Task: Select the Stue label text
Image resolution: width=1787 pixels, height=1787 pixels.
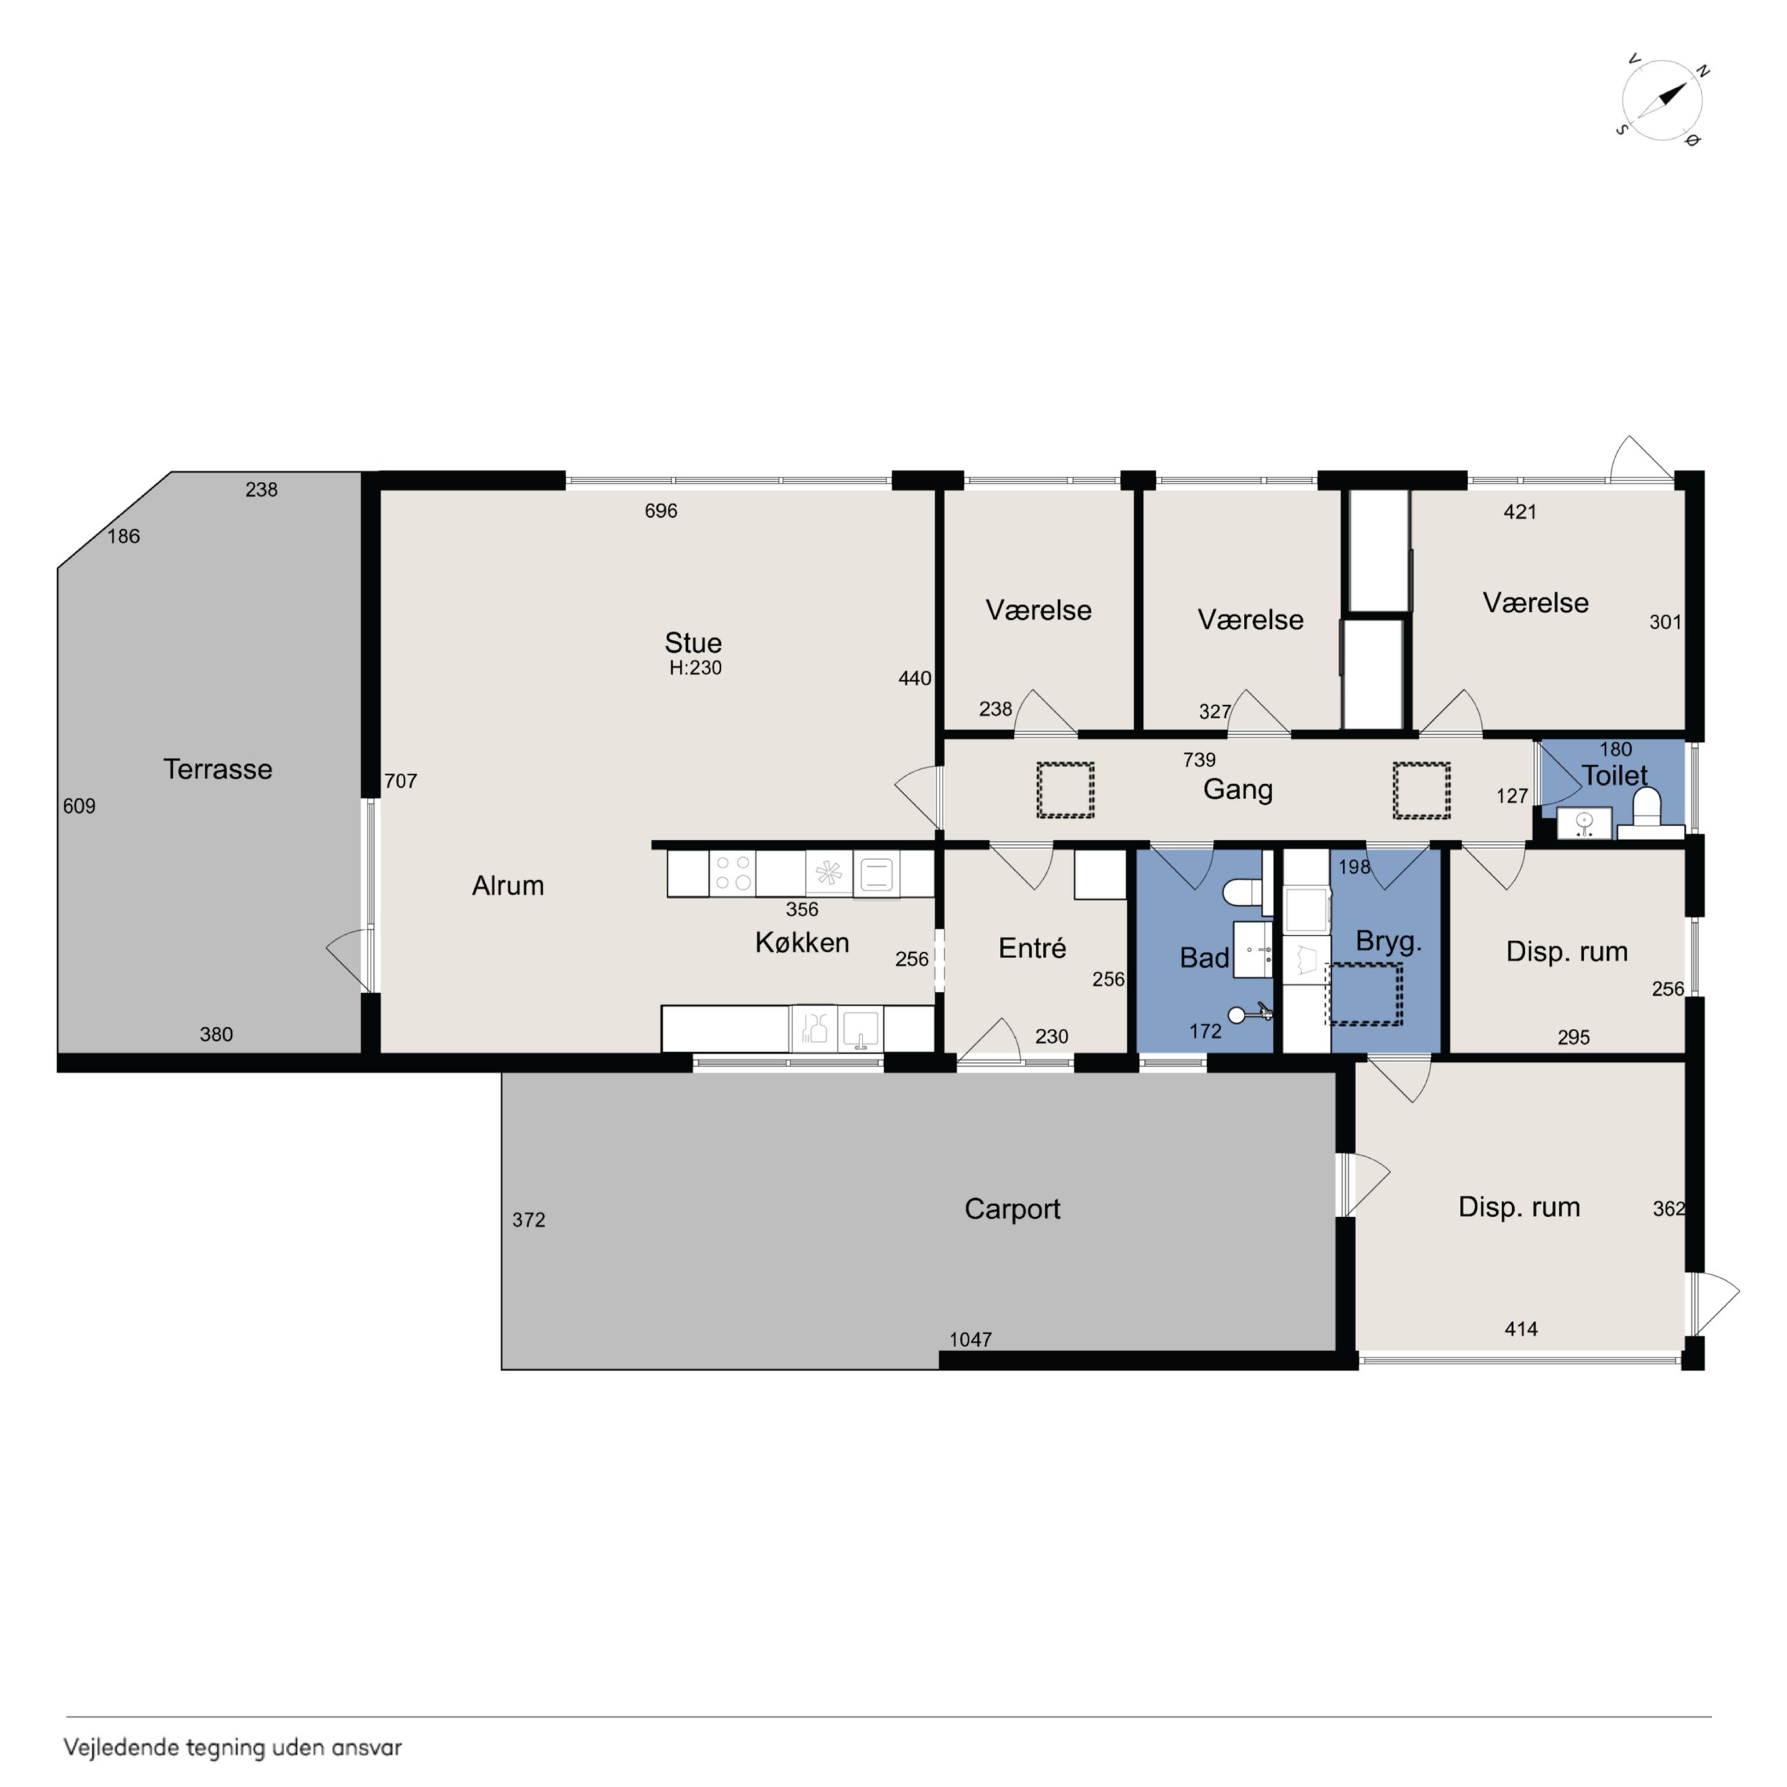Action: pos(693,643)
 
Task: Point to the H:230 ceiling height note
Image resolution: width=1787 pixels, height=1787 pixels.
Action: pos(696,668)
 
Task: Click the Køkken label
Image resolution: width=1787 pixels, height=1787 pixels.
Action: pos(802,942)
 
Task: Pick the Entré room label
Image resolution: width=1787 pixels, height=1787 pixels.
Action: pos(1032,948)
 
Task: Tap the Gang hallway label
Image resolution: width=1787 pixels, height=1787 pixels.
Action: pos(1238,790)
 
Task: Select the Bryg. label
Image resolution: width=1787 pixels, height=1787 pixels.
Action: pos(1388,942)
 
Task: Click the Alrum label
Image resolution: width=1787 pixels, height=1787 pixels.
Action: pos(508,885)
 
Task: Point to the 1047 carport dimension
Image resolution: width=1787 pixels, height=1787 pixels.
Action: pos(970,1340)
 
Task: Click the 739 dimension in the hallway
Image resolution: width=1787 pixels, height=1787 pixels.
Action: pos(1199,760)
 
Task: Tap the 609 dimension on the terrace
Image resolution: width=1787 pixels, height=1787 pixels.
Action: pos(80,806)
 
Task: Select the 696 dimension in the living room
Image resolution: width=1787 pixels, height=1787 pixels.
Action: pos(661,511)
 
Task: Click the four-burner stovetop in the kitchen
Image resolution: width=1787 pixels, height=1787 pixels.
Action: pos(733,873)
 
